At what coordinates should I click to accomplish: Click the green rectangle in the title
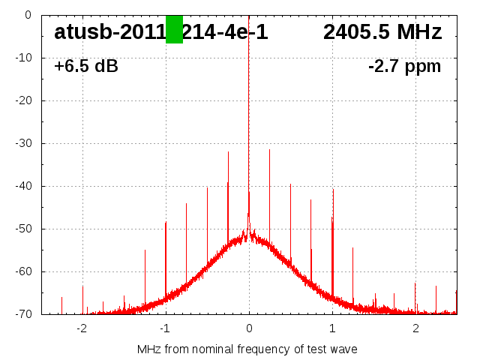click(174, 29)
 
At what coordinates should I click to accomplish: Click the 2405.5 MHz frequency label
click(382, 32)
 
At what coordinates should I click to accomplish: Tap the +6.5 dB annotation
click(86, 66)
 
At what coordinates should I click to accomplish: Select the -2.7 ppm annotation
click(404, 66)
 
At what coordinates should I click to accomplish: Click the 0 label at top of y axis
click(28, 15)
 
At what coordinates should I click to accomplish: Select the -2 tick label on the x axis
click(82, 328)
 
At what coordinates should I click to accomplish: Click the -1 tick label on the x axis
click(165, 328)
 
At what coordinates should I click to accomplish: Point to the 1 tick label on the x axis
click(332, 328)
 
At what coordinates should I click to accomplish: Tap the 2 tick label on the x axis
click(415, 328)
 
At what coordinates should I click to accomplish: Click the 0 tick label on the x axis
click(249, 328)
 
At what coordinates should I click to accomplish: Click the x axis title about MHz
click(247, 349)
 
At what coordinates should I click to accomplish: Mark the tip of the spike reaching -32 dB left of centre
click(228, 151)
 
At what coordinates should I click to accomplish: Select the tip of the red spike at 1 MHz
click(333, 189)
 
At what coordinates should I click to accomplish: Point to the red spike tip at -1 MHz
click(166, 222)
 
